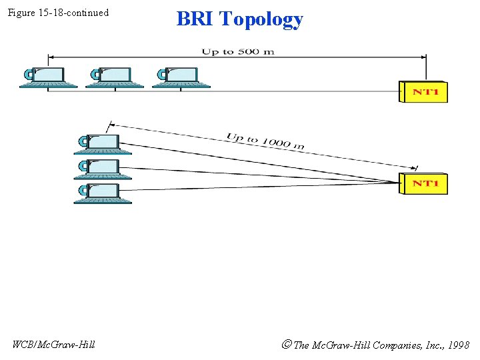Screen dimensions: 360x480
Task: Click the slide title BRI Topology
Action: tap(239, 19)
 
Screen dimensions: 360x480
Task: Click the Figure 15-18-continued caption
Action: tap(58, 13)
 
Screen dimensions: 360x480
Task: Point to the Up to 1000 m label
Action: tap(265, 141)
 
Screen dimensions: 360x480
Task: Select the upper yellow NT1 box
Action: tap(424, 91)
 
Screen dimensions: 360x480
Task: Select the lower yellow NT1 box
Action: tap(424, 183)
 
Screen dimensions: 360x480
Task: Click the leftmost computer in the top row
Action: tap(47, 77)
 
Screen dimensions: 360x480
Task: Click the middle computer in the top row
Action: tap(114, 77)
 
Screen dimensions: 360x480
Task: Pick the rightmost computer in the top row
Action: tap(181, 77)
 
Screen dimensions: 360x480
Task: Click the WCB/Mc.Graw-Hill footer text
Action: tap(53, 344)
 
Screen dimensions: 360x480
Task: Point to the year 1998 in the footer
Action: tap(458, 345)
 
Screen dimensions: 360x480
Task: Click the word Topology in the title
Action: tap(261, 19)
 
